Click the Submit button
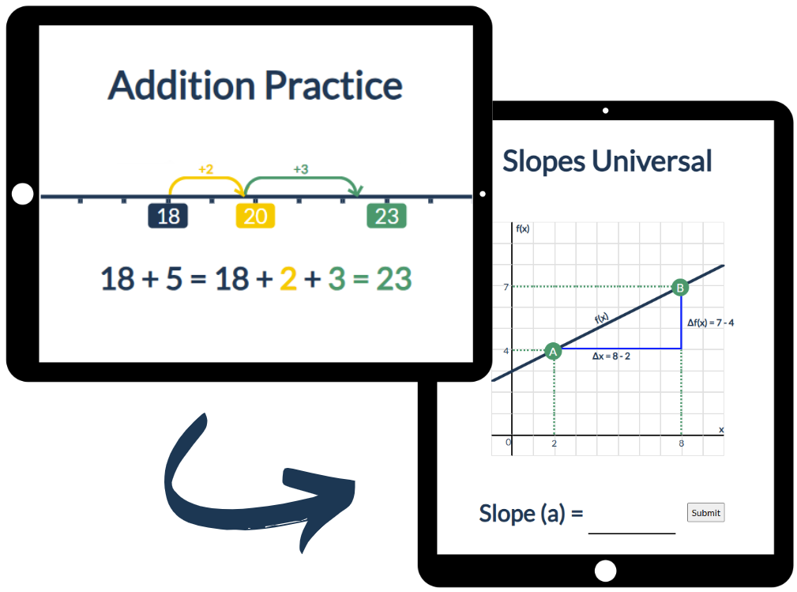click(705, 513)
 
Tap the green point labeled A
click(553, 351)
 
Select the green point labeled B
click(680, 288)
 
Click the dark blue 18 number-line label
click(167, 216)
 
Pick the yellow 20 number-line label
click(255, 216)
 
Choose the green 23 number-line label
click(387, 216)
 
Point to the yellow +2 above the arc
click(205, 169)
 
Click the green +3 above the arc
click(301, 169)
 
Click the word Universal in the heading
click(652, 160)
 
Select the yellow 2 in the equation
click(288, 279)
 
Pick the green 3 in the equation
click(336, 279)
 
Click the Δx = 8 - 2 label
click(611, 356)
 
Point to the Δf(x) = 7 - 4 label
click(711, 322)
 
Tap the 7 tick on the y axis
click(506, 287)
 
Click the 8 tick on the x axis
click(681, 443)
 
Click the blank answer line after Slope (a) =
click(632, 533)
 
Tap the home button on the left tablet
click(22, 194)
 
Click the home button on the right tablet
click(605, 571)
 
